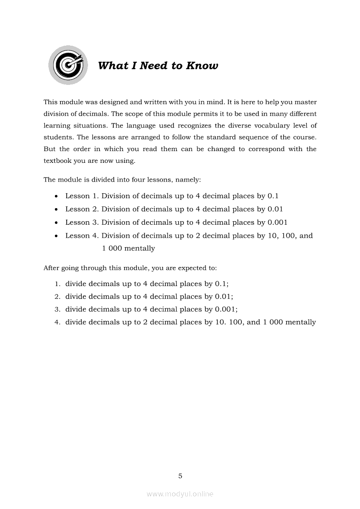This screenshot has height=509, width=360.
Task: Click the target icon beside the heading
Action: point(68,65)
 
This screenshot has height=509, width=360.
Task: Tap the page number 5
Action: point(180,476)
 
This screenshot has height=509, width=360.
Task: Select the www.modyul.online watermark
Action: point(180,494)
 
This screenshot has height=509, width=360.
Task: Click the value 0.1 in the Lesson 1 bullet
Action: point(273,196)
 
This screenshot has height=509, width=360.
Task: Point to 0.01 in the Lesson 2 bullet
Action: point(275,209)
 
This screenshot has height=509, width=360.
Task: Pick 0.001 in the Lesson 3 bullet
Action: point(277,222)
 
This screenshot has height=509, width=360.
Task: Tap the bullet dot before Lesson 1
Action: point(57,196)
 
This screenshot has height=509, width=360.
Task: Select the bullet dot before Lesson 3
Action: point(57,222)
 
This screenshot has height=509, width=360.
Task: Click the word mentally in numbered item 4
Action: point(300,323)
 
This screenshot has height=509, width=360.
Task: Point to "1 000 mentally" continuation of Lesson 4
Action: point(128,249)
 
